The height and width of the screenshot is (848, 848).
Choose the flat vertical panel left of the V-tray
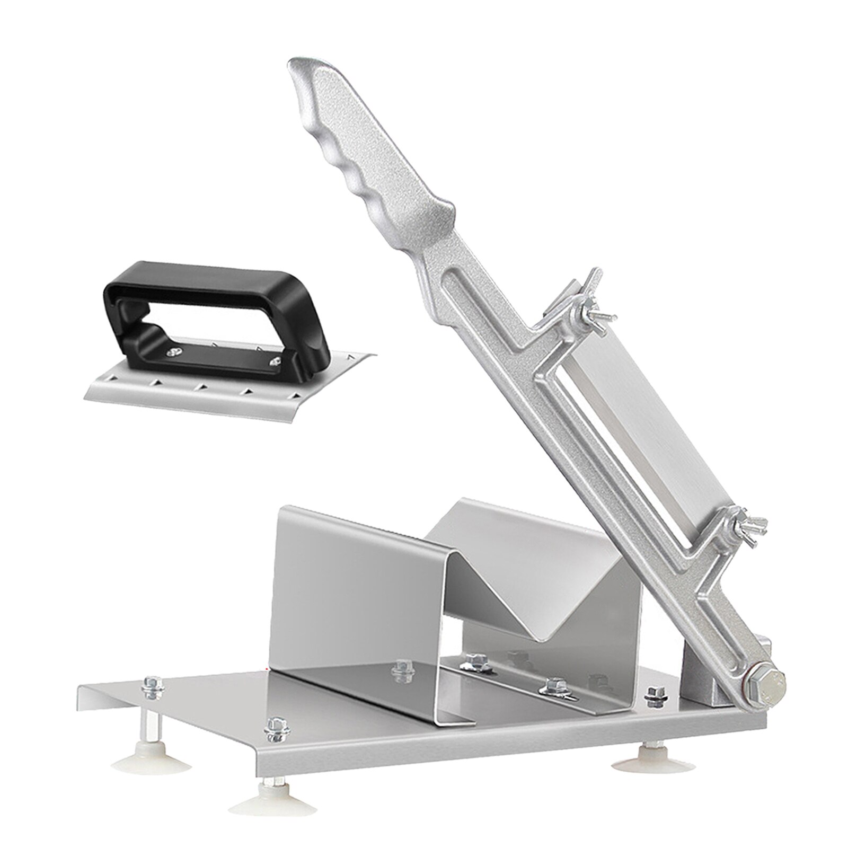[x=339, y=594]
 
